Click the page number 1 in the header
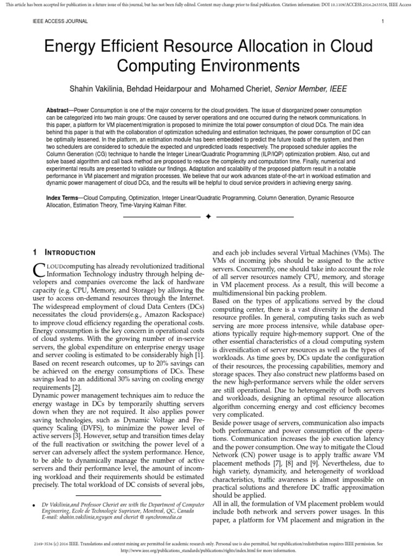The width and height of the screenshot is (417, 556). pos(383,22)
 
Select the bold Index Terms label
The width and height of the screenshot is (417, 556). pos(62,198)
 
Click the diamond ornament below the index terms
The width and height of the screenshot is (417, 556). pos(208,217)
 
